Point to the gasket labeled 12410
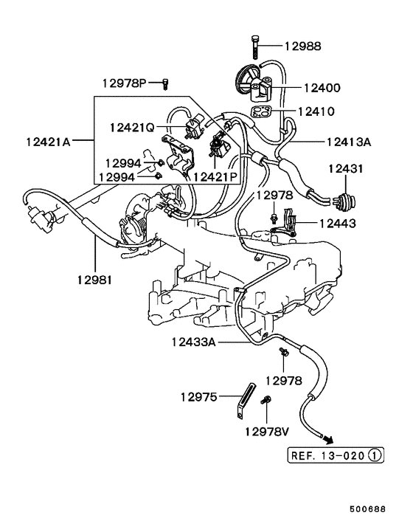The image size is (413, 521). click(x=259, y=112)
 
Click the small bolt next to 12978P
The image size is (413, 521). click(x=165, y=82)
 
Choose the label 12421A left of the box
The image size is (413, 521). click(x=47, y=141)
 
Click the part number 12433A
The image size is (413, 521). click(x=194, y=342)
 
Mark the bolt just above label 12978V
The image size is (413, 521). click(x=267, y=401)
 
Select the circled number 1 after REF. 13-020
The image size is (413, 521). click(x=375, y=455)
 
